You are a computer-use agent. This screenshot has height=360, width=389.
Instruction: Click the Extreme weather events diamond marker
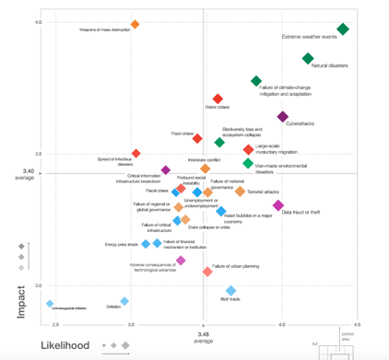point(343,29)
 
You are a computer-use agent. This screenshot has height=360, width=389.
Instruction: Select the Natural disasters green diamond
point(308,59)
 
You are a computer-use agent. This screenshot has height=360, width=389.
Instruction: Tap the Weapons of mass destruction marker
point(135,25)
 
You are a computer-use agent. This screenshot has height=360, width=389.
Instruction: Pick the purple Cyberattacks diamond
point(282,117)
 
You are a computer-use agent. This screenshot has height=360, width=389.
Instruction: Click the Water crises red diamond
point(218,99)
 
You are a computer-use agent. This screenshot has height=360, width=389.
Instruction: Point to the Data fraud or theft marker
point(278,205)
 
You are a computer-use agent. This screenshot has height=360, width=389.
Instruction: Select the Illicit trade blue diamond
point(232,290)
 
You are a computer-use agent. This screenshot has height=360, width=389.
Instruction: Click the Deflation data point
point(124,301)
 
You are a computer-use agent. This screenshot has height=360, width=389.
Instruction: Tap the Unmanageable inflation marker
point(51,304)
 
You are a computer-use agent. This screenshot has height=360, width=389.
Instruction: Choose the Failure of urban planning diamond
point(207,272)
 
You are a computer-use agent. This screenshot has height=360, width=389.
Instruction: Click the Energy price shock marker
point(145,244)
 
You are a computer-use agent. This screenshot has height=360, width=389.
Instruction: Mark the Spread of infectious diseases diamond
point(136,154)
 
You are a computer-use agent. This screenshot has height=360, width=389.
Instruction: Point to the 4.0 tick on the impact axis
point(38,22)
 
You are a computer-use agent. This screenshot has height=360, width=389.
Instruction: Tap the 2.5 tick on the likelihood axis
point(56,325)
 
